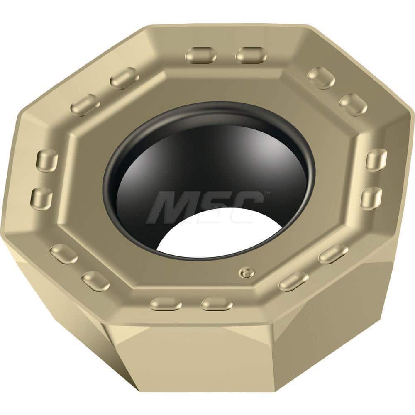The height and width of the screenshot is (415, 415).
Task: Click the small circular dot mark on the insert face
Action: [246, 273]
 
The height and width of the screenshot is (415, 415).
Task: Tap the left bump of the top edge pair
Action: [201, 55]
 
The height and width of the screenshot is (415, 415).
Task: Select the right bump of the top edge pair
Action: [251, 55]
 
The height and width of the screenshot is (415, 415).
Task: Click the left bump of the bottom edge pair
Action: [166, 304]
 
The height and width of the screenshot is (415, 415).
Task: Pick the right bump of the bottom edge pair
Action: [216, 304]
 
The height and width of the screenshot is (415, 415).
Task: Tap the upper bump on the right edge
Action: [376, 160]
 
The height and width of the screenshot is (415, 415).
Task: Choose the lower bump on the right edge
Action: [371, 198]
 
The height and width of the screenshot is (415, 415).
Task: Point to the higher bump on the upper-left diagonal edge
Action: [124, 78]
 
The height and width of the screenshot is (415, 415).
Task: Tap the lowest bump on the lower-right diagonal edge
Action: [293, 282]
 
